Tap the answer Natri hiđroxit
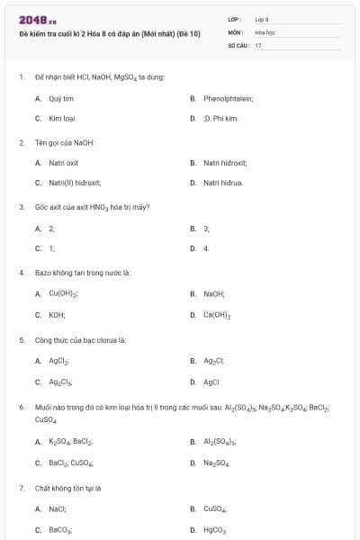coord(225,163)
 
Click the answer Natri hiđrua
coord(223,183)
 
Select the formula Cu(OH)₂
coord(64,293)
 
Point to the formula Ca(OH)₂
coord(218,315)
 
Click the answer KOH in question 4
coord(57,315)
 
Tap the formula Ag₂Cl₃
coord(61,382)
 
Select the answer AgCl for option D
coord(211,382)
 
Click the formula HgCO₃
coord(214,530)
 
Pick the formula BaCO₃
coord(60,530)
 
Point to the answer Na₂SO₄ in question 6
coord(216,463)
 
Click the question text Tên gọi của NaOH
coord(65,142)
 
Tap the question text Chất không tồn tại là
coord(67,488)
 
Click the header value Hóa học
coord(265,31)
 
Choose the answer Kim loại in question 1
coord(61,118)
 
